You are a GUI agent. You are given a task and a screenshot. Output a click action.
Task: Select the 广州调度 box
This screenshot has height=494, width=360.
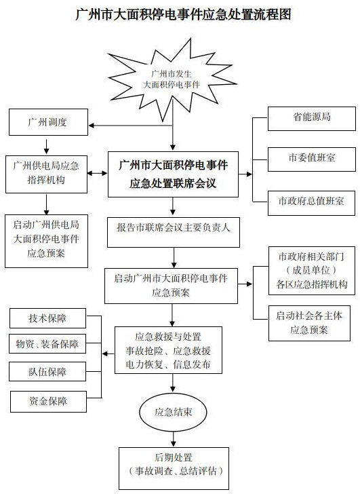(47, 123)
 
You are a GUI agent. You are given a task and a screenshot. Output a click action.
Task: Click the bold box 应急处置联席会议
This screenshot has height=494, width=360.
(173, 174)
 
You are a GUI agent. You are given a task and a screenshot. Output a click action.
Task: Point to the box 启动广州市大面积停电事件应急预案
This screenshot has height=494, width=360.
(171, 285)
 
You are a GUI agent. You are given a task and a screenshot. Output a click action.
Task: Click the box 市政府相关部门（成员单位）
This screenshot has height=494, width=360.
(311, 271)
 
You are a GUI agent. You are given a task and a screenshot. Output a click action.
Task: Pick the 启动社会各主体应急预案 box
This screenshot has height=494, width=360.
(311, 322)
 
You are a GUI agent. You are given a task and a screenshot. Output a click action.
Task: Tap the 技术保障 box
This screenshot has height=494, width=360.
(47, 318)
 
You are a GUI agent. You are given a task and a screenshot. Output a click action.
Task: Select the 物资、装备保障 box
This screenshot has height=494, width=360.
(47, 344)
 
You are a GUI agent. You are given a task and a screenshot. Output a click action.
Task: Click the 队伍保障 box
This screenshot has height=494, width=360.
(47, 372)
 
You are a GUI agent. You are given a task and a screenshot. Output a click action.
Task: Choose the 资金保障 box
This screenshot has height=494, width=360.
(47, 401)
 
